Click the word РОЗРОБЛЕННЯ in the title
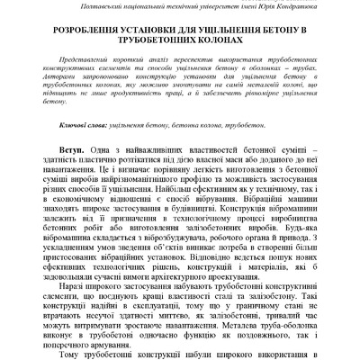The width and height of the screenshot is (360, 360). click(x=85, y=31)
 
